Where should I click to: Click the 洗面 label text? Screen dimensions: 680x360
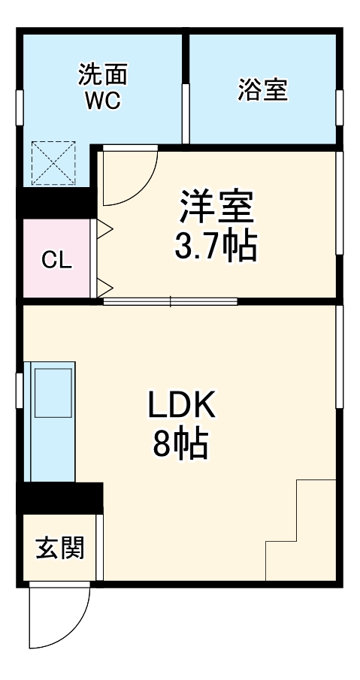point(102,75)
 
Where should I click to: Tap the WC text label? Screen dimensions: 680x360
point(102,102)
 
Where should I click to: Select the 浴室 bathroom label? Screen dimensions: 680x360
point(262,90)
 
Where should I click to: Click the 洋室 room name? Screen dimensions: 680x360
point(216,207)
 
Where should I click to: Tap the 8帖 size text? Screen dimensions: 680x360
point(181,446)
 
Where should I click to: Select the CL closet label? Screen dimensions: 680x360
point(56,260)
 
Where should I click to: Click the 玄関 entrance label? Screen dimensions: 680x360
point(59,548)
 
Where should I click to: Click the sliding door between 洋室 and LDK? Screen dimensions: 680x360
point(171,301)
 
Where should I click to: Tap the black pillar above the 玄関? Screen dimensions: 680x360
point(59,497)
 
